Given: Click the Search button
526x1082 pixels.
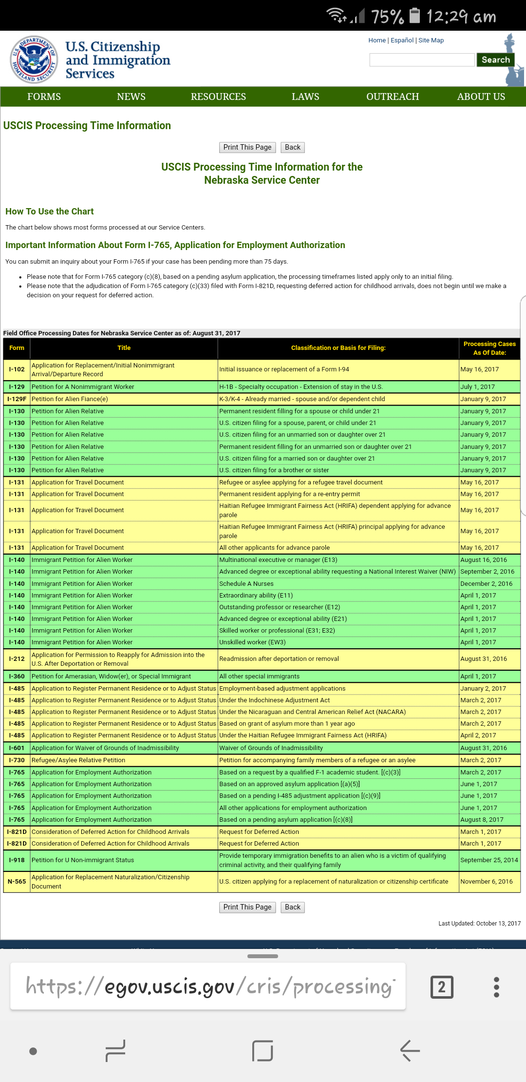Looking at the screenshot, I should pyautogui.click(x=495, y=60).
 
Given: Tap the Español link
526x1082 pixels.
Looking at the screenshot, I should pyautogui.click(x=402, y=40).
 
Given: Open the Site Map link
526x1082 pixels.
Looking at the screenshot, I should pyautogui.click(x=431, y=40).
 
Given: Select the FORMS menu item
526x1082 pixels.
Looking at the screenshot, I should pyautogui.click(x=44, y=97).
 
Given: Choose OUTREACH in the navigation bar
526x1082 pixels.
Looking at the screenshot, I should pyautogui.click(x=393, y=97).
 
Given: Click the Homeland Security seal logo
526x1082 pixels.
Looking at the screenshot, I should pyautogui.click(x=34, y=59).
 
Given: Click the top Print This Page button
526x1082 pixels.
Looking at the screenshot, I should pyautogui.click(x=247, y=147).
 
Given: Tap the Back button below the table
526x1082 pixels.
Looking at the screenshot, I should pyautogui.click(x=293, y=907).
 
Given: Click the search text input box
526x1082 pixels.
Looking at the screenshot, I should pyautogui.click(x=422, y=60).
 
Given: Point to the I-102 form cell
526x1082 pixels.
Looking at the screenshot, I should pyautogui.click(x=17, y=369).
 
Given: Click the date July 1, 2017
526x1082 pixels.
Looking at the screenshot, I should pyautogui.click(x=477, y=387).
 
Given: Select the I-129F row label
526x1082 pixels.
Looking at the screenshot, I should pyautogui.click(x=17, y=399).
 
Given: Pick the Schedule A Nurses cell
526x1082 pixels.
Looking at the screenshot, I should pyautogui.click(x=246, y=583).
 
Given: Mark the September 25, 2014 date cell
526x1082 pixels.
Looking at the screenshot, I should pyautogui.click(x=489, y=860).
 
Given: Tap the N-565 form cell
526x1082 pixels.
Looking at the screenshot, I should pyautogui.click(x=17, y=882).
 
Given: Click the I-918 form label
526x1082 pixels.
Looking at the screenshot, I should pyautogui.click(x=17, y=860).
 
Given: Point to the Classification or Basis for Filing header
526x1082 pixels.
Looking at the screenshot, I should pyautogui.click(x=338, y=348).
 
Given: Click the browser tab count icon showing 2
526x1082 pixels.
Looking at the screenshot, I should pyautogui.click(x=442, y=987).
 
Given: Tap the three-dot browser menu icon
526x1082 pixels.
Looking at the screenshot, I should pyautogui.click(x=496, y=987).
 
